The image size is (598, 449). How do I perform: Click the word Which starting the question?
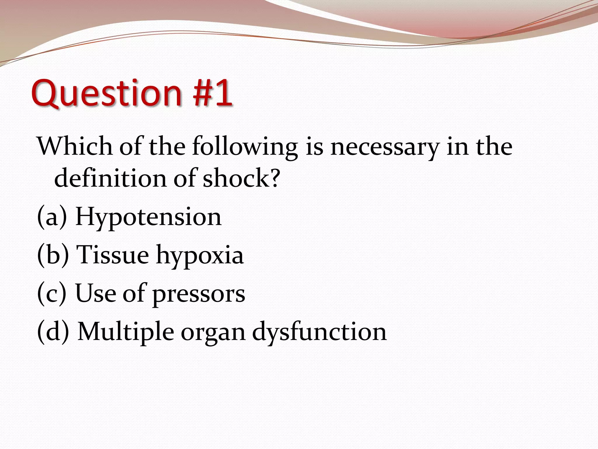click(75, 146)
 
